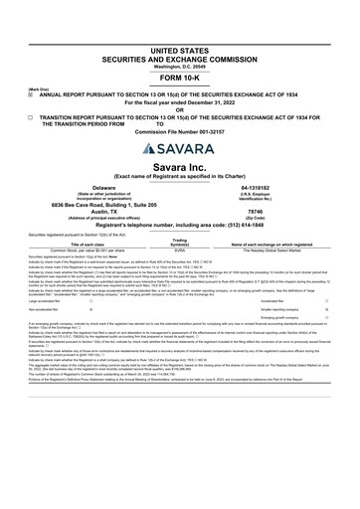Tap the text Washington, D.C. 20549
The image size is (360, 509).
coord(180,37)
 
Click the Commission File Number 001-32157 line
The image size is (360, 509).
coord(179,127)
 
